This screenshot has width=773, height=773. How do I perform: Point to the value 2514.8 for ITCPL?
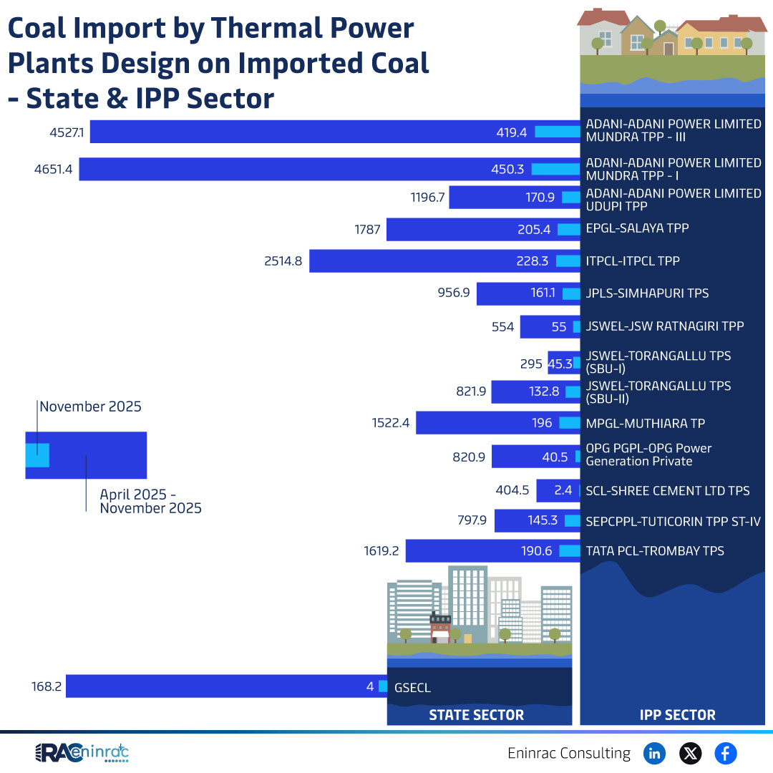(x=283, y=261)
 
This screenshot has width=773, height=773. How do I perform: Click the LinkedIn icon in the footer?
(x=654, y=753)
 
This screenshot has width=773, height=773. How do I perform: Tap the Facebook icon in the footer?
(x=725, y=753)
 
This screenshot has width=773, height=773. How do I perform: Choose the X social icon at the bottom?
(x=690, y=753)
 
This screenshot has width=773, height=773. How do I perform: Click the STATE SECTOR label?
(x=476, y=715)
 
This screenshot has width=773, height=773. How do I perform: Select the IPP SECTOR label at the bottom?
(x=676, y=715)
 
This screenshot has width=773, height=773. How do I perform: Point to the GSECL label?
(x=412, y=688)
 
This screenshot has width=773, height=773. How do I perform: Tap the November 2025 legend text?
(x=90, y=407)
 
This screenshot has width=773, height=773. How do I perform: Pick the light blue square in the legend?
(x=37, y=455)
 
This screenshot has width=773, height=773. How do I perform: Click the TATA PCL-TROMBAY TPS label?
(x=655, y=550)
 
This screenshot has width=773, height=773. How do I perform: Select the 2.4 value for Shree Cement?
(x=563, y=491)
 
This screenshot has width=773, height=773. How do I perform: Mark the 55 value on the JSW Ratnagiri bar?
(x=559, y=327)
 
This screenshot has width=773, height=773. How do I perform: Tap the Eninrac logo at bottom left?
(x=82, y=752)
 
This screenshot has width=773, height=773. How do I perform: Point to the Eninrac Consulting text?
(x=569, y=753)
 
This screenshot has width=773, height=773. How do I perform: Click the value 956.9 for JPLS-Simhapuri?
(x=453, y=293)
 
